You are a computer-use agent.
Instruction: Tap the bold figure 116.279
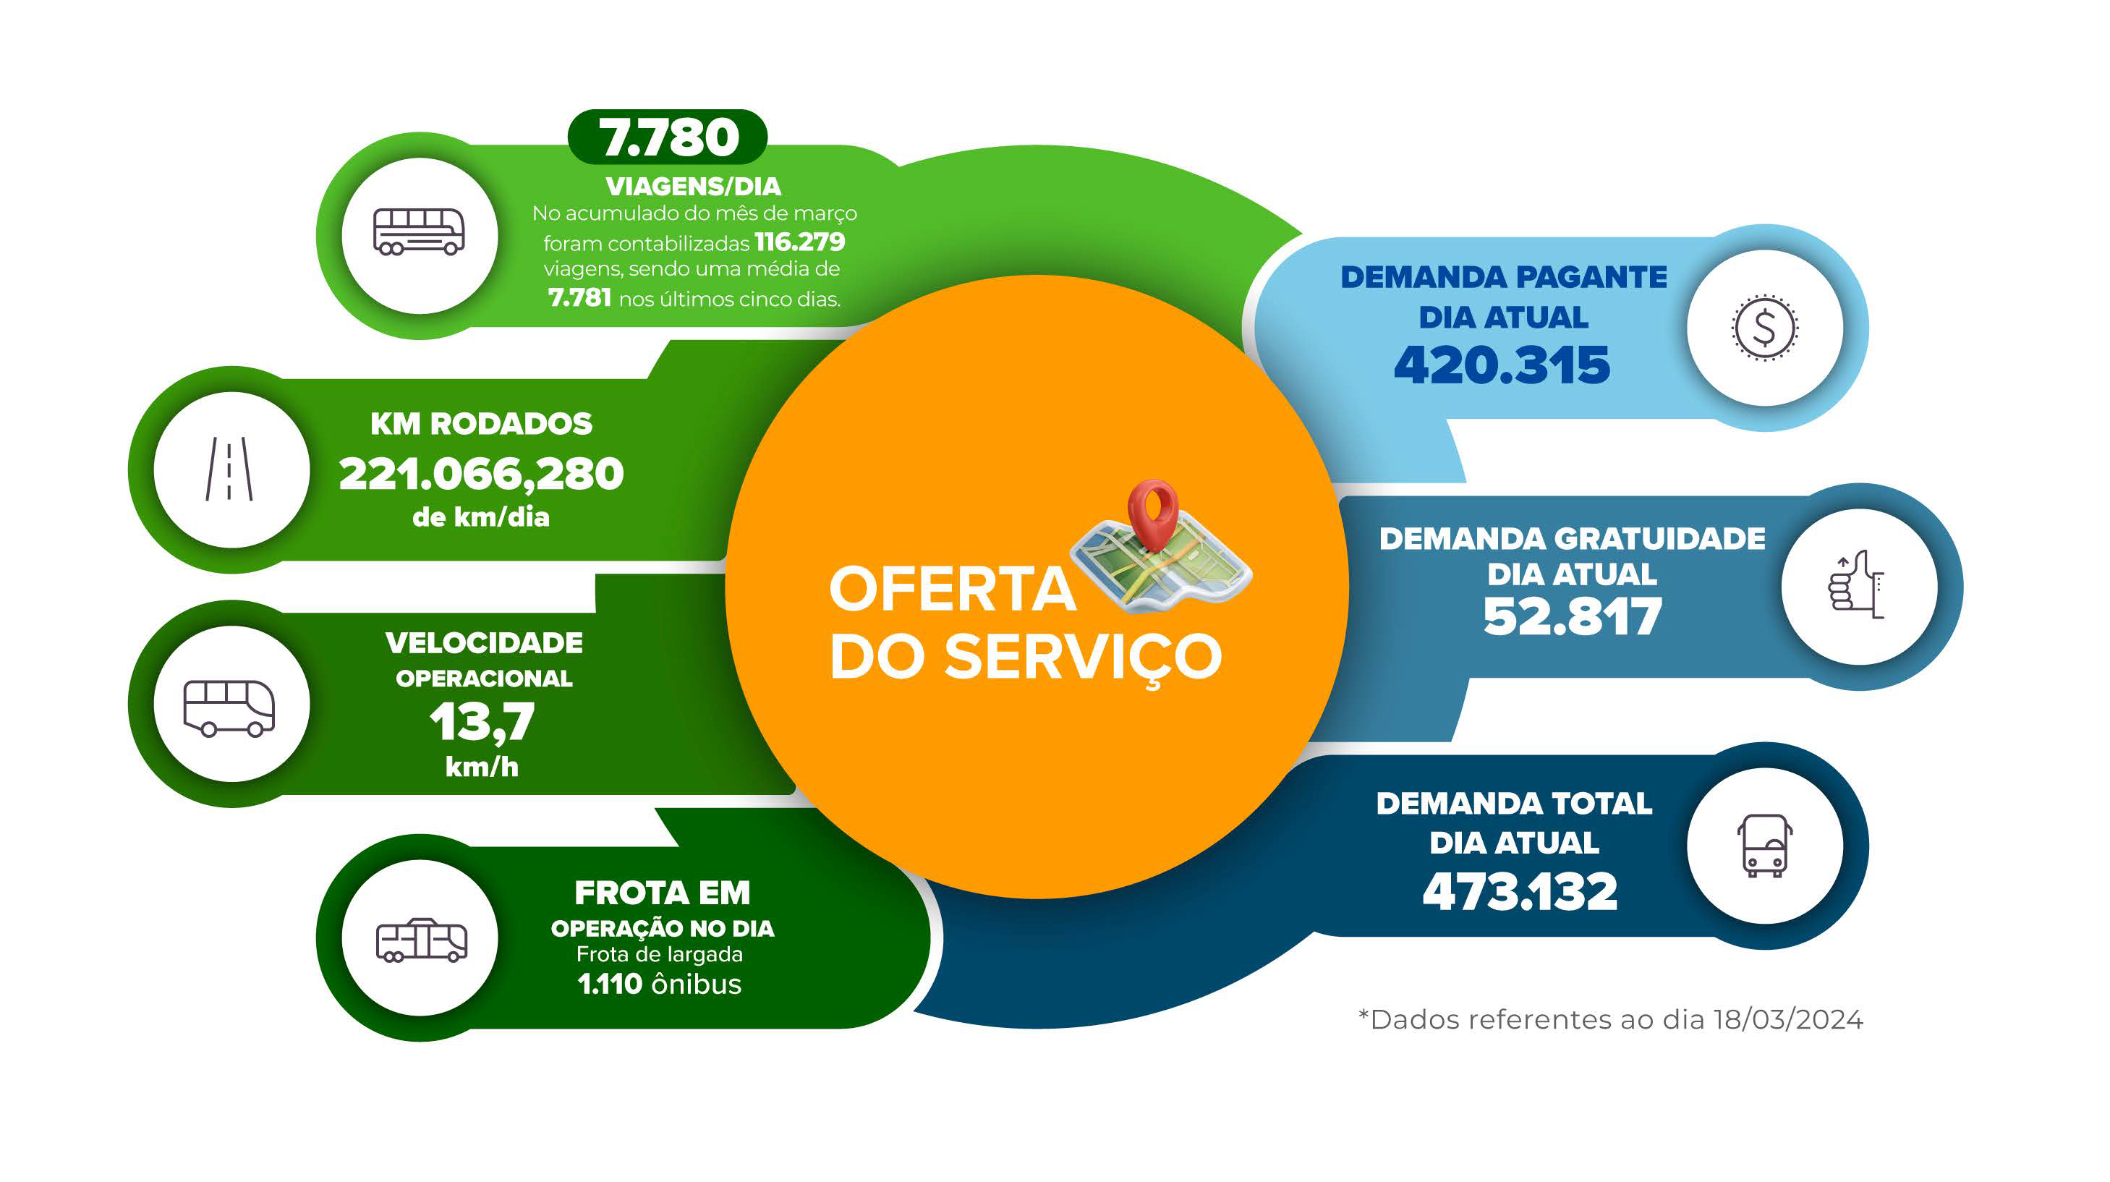[x=799, y=242]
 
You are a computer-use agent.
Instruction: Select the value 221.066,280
[x=481, y=475]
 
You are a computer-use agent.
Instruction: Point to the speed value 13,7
[x=482, y=723]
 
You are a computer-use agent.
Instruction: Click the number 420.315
[x=1502, y=365]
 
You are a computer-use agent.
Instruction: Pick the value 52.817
[x=1572, y=616]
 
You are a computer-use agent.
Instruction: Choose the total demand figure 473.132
[x=1520, y=891]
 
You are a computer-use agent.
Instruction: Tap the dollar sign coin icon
[x=1764, y=328]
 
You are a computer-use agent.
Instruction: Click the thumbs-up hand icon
[x=1857, y=585]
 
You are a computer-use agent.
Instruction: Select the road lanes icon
[x=229, y=469]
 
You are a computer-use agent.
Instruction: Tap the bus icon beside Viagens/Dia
[x=419, y=231]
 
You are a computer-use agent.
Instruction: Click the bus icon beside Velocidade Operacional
[x=229, y=707]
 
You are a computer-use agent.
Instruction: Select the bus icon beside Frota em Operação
[x=421, y=940]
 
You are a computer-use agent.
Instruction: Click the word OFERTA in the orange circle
[x=952, y=589]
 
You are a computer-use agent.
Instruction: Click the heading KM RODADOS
[x=481, y=423]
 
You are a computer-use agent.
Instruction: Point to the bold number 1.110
[x=609, y=984]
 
